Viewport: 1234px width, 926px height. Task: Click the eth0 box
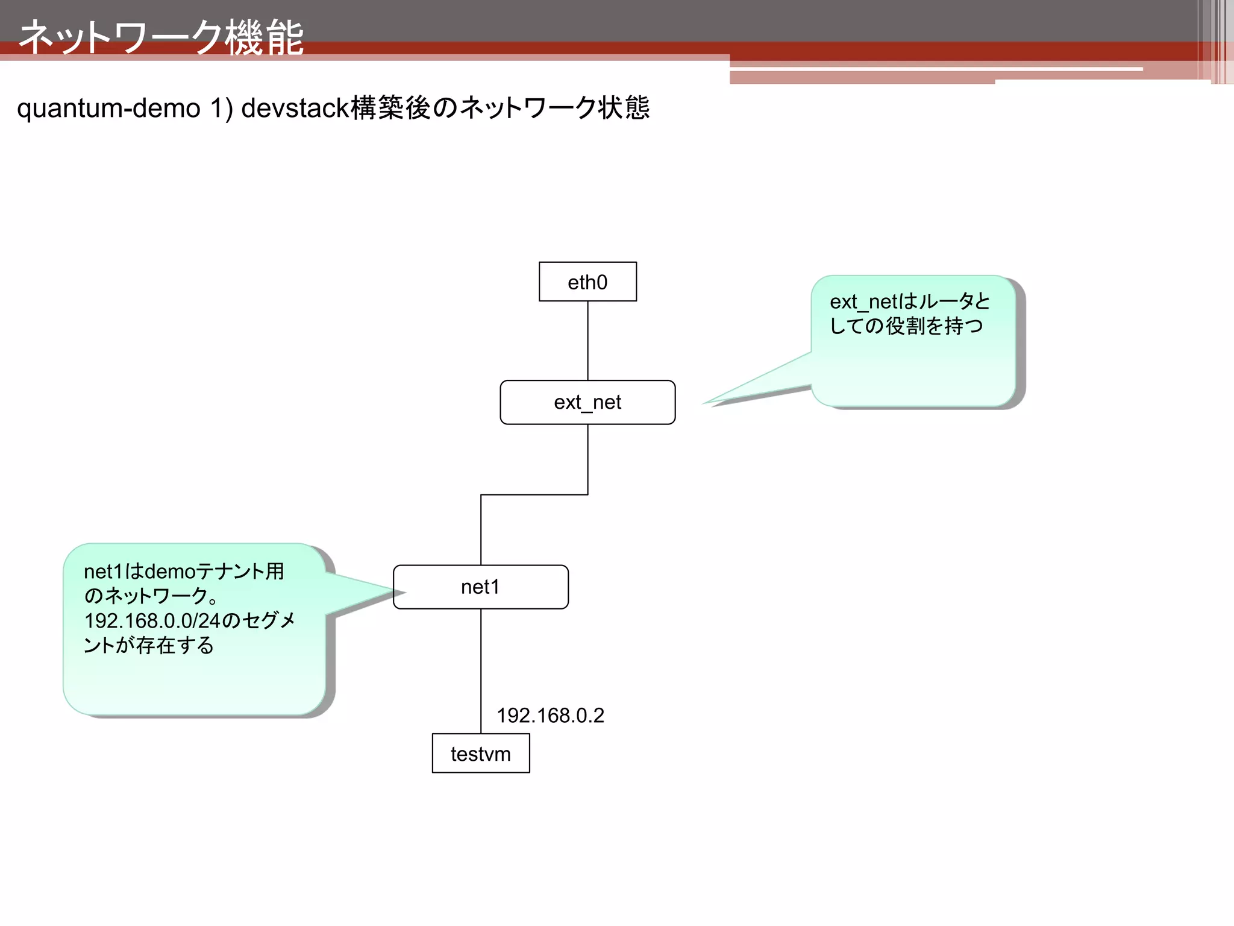587,282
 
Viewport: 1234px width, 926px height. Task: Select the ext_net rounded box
587,402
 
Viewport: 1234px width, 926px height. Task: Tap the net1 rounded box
480,587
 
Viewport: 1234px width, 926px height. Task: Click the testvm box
480,754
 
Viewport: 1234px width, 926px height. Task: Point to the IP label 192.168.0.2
550,716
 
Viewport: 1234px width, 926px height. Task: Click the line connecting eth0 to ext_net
587,341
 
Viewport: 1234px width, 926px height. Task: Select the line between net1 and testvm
481,669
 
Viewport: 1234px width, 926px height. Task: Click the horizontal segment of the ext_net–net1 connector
534,495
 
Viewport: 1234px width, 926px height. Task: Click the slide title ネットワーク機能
161,37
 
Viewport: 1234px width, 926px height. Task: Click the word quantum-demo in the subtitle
108,109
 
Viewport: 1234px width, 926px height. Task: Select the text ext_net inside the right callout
859,301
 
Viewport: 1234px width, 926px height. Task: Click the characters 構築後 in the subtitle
390,109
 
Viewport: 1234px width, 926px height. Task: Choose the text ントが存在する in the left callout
149,645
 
